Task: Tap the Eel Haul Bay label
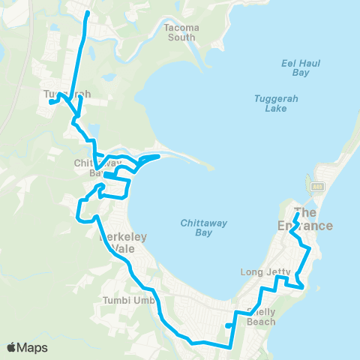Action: point(306,68)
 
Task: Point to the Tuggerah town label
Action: point(67,94)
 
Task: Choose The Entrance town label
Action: point(313,218)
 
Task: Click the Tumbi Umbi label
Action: point(128,301)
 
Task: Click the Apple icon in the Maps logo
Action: point(13,347)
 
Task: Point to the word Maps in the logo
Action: point(34,347)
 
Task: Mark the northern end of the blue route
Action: point(87,13)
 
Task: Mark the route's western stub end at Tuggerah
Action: point(50,102)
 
